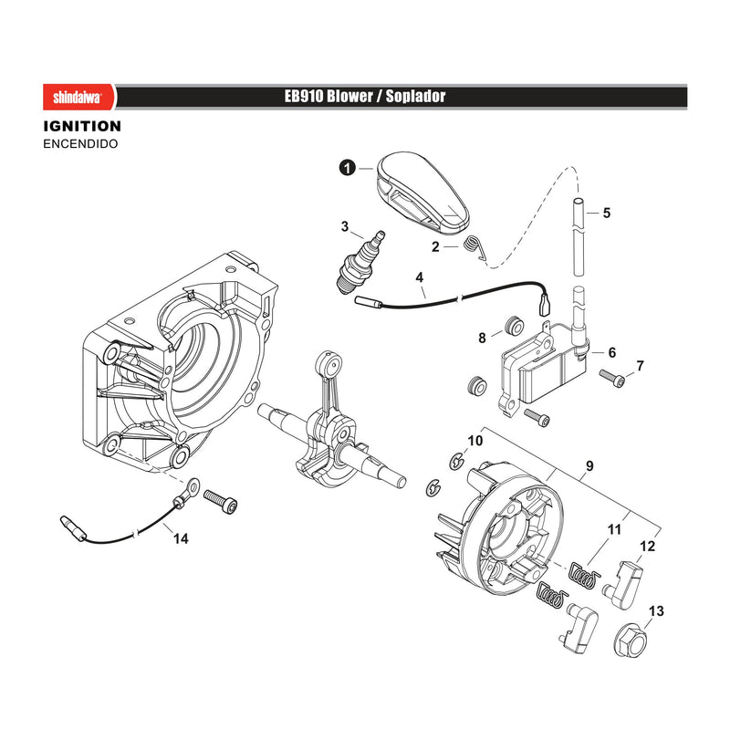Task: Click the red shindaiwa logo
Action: [x=79, y=98]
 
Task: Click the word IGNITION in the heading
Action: [x=82, y=126]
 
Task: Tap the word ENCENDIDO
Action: [x=80, y=144]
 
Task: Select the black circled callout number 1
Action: [x=348, y=168]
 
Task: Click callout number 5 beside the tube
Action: [x=606, y=213]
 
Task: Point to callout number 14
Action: [x=181, y=538]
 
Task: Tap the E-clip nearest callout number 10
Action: [x=457, y=461]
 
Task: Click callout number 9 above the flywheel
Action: [x=589, y=466]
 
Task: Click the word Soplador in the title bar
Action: [x=415, y=97]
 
